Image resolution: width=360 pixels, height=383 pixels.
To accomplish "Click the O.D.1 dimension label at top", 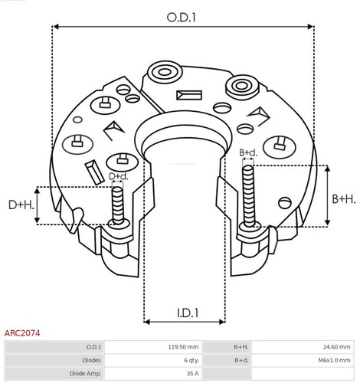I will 181,15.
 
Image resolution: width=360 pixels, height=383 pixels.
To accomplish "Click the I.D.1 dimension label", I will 185,313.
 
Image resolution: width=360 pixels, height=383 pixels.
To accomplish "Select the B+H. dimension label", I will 343,198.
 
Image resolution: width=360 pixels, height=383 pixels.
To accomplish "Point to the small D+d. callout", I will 118,177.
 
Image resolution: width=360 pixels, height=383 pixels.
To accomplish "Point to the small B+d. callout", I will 247,153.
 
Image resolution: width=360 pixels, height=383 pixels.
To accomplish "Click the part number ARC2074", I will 22,334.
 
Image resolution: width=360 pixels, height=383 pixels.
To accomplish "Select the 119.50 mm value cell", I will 184,347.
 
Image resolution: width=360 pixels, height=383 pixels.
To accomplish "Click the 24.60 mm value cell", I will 335,347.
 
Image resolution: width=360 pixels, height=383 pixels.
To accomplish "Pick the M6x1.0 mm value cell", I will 335,360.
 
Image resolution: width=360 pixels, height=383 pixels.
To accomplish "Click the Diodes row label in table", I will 91,360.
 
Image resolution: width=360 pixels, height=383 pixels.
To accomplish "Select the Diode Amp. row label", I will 86,373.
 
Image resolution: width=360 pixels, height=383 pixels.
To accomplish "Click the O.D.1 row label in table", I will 93,347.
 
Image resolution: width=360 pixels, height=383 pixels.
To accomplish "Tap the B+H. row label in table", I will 241,347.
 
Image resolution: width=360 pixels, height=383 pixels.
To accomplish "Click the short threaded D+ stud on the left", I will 117,205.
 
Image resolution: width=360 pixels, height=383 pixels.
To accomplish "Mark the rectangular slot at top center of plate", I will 186,96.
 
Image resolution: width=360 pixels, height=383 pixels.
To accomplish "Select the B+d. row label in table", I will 241,360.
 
